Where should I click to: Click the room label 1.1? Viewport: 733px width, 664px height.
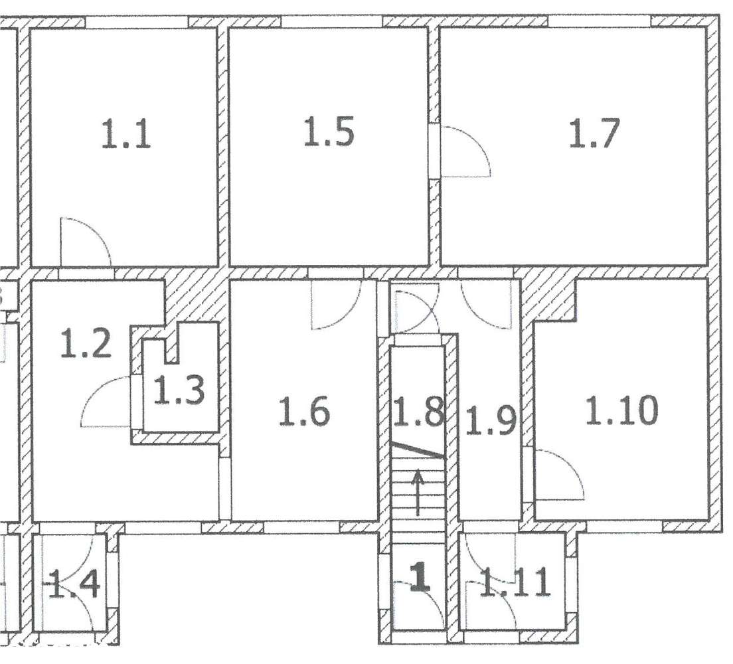click(126, 135)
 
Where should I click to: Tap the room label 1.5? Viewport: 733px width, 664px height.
click(329, 131)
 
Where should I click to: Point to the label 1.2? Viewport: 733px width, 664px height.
click(86, 345)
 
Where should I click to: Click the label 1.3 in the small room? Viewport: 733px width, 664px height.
click(179, 390)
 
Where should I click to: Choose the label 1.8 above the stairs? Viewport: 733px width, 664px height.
click(418, 412)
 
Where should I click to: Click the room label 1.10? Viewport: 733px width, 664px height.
click(621, 410)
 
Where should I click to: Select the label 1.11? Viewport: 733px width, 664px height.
click(517, 582)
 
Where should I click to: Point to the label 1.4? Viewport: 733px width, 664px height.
click(74, 585)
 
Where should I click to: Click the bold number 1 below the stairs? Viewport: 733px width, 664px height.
click(418, 577)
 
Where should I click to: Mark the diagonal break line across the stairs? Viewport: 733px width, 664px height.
click(416, 450)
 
